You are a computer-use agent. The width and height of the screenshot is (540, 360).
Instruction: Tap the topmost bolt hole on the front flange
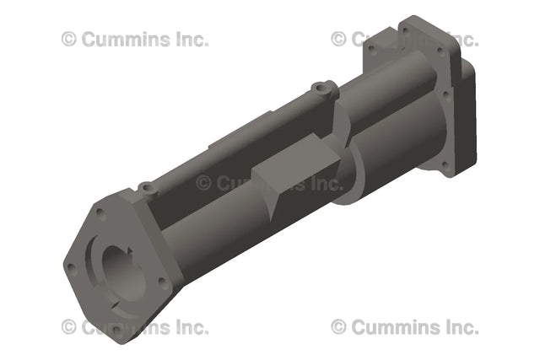(x=101, y=212)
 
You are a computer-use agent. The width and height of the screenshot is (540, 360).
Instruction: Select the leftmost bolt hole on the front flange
(x=70, y=267)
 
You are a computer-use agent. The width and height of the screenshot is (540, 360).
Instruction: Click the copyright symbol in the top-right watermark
(x=338, y=39)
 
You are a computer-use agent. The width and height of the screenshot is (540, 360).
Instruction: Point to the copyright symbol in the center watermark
(x=203, y=183)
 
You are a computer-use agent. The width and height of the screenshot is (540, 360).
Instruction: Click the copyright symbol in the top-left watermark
(x=68, y=39)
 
